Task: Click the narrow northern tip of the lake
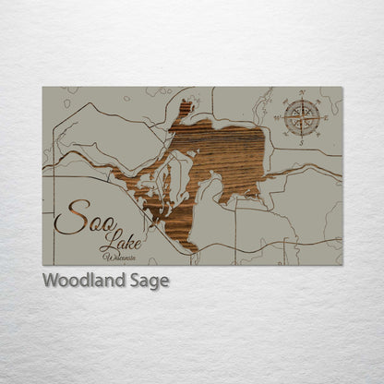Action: [x=186, y=107]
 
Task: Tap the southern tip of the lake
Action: [x=188, y=247]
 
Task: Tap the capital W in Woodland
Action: [x=51, y=281]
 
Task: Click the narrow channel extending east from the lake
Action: [x=295, y=171]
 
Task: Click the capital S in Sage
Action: [x=133, y=281]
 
